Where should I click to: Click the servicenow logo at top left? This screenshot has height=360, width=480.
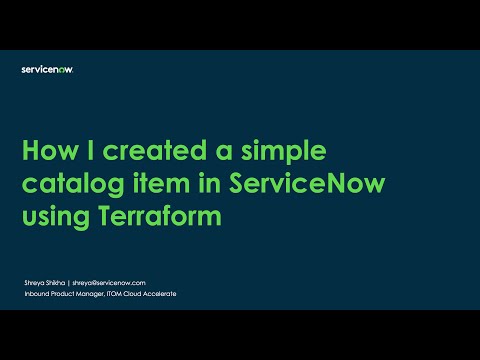click(47, 69)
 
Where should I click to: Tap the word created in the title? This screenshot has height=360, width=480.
click(143, 151)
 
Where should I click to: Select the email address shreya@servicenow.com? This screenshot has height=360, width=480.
click(110, 284)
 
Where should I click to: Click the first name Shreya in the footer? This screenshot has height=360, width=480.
click(29, 284)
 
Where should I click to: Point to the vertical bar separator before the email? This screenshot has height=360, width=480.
click(68, 284)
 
